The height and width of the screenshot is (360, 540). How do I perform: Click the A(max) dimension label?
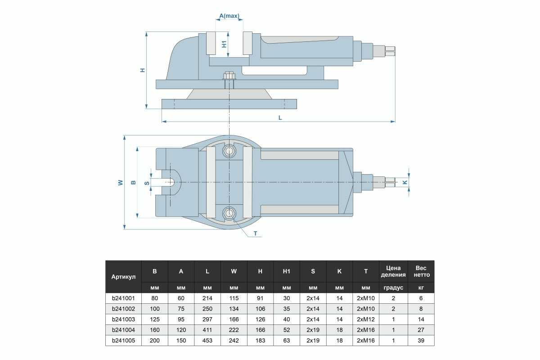pyautogui.click(x=229, y=16)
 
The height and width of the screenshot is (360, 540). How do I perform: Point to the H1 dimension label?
pyautogui.click(x=224, y=44)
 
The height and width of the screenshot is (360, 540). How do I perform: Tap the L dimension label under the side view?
pyautogui.click(x=280, y=117)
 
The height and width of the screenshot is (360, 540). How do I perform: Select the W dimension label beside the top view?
pyautogui.click(x=121, y=183)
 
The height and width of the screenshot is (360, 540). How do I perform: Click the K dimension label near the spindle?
pyautogui.click(x=405, y=182)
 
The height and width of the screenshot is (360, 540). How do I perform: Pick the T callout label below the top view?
pyautogui.click(x=255, y=234)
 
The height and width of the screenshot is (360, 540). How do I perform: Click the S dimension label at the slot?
pyautogui.click(x=147, y=183)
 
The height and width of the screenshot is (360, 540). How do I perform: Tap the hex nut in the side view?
pyautogui.click(x=229, y=76)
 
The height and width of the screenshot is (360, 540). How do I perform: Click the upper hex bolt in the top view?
pyautogui.click(x=229, y=151)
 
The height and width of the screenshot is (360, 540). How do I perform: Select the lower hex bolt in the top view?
pyautogui.click(x=229, y=213)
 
